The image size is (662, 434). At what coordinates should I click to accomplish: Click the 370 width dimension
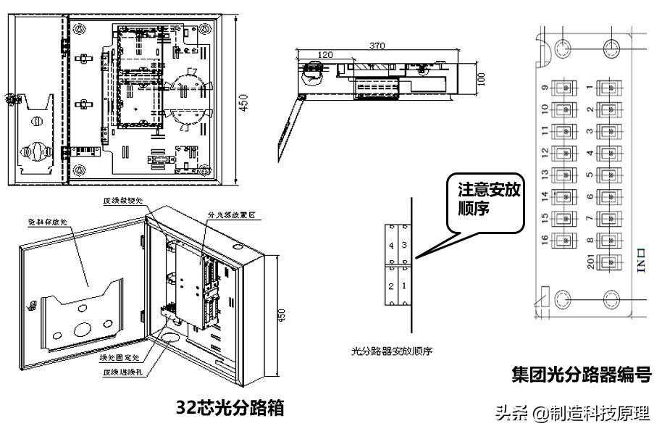376,46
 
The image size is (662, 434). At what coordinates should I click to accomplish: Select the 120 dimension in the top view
324,55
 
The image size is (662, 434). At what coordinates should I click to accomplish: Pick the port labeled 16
562,240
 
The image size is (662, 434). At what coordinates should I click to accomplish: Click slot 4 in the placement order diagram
391,246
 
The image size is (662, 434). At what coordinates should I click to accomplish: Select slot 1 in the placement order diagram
404,286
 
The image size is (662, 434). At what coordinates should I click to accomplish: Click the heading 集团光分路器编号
581,375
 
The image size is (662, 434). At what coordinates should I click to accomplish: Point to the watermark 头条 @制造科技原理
572,413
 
